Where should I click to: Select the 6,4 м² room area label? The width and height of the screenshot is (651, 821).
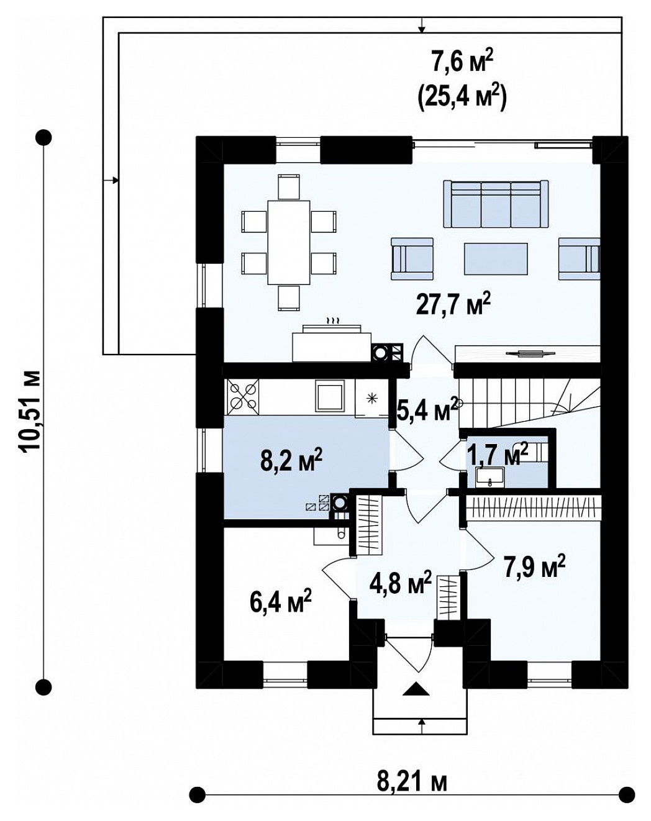point(281,602)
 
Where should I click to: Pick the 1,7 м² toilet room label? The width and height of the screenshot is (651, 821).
point(499,455)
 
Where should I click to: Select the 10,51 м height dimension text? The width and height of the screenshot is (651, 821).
point(30,412)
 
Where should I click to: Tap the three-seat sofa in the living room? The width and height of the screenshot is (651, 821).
point(496,204)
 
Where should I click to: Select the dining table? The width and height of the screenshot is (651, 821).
point(288,242)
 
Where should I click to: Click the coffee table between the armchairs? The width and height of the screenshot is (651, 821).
point(496,259)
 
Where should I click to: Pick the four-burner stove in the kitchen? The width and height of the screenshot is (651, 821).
point(243,397)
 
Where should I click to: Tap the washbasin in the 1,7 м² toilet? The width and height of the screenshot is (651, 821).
point(490,478)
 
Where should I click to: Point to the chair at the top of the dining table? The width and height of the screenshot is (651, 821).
point(288,187)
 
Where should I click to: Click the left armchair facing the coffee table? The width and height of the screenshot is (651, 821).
point(412,259)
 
